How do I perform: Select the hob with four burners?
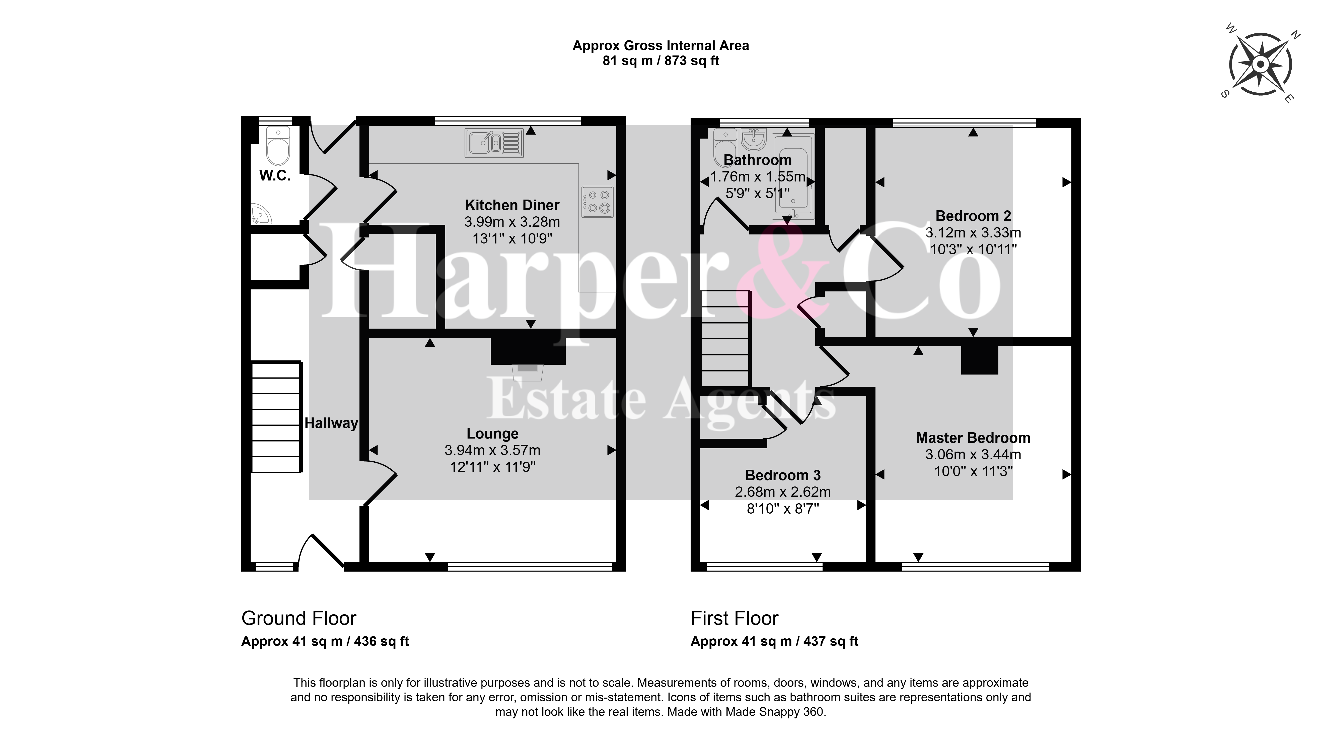(x=597, y=201)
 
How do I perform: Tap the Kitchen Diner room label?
(x=512, y=205)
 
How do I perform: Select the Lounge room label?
(x=493, y=434)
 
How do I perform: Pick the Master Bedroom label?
(x=973, y=438)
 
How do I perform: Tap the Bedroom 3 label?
(x=783, y=476)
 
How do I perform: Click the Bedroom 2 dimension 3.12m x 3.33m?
(x=973, y=233)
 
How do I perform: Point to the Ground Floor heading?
(x=299, y=618)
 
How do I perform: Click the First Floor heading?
(x=735, y=618)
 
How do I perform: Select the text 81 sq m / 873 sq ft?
(x=660, y=61)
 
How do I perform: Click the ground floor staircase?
(x=276, y=417)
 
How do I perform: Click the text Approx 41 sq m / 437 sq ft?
(x=774, y=641)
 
